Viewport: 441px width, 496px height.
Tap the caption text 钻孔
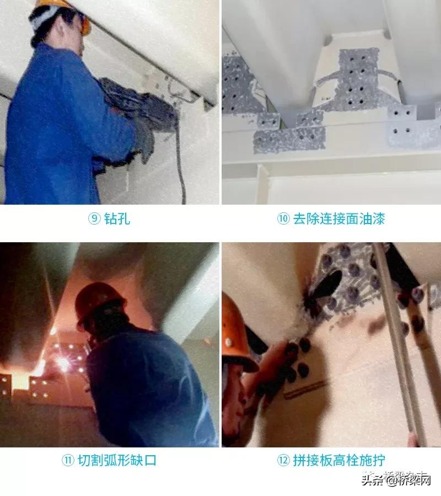coord(117,219)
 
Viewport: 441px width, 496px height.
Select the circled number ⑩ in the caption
coord(283,219)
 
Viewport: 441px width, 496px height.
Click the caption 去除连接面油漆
coord(338,219)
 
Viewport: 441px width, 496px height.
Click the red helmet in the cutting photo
coord(99,301)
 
